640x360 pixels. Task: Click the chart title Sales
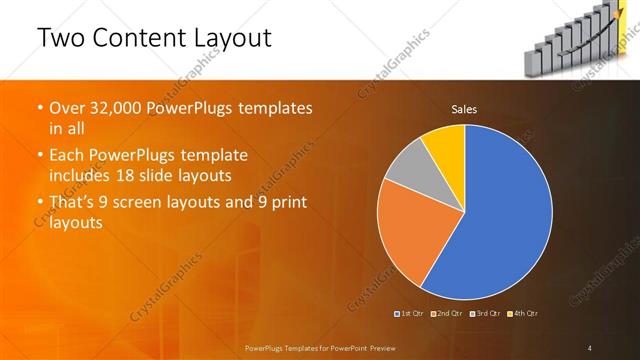[x=464, y=108]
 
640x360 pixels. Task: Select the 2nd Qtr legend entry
[x=449, y=314]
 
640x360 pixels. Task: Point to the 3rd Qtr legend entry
[x=487, y=314]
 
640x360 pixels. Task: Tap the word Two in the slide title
[x=59, y=39]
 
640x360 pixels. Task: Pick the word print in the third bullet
[x=284, y=203]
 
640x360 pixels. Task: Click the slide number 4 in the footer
[x=589, y=347]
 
